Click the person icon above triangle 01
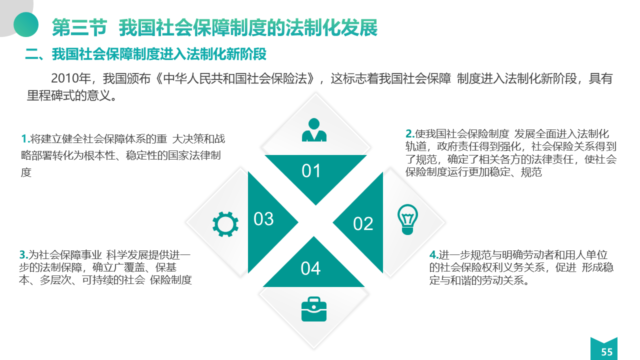[314, 130]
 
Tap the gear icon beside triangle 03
[225, 224]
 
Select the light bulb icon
[407, 219]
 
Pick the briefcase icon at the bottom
[313, 309]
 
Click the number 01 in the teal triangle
[311, 171]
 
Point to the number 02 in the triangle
[363, 223]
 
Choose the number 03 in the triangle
[263, 219]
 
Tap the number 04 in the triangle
[310, 268]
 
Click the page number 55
[607, 352]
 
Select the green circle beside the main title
[26, 24]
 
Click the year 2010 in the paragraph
[65, 78]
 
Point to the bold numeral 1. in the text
[25, 139]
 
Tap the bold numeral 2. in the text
[410, 133]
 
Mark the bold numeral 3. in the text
[23, 254]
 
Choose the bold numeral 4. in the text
[433, 254]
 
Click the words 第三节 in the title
[79, 27]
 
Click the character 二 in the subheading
[31, 54]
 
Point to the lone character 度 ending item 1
[26, 172]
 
